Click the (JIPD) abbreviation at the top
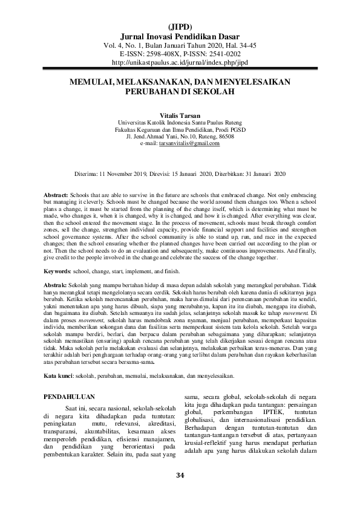coord(179,27)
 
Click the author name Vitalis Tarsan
coord(179,114)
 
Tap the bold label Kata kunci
coord(59,376)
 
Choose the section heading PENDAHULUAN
coord(74,397)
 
